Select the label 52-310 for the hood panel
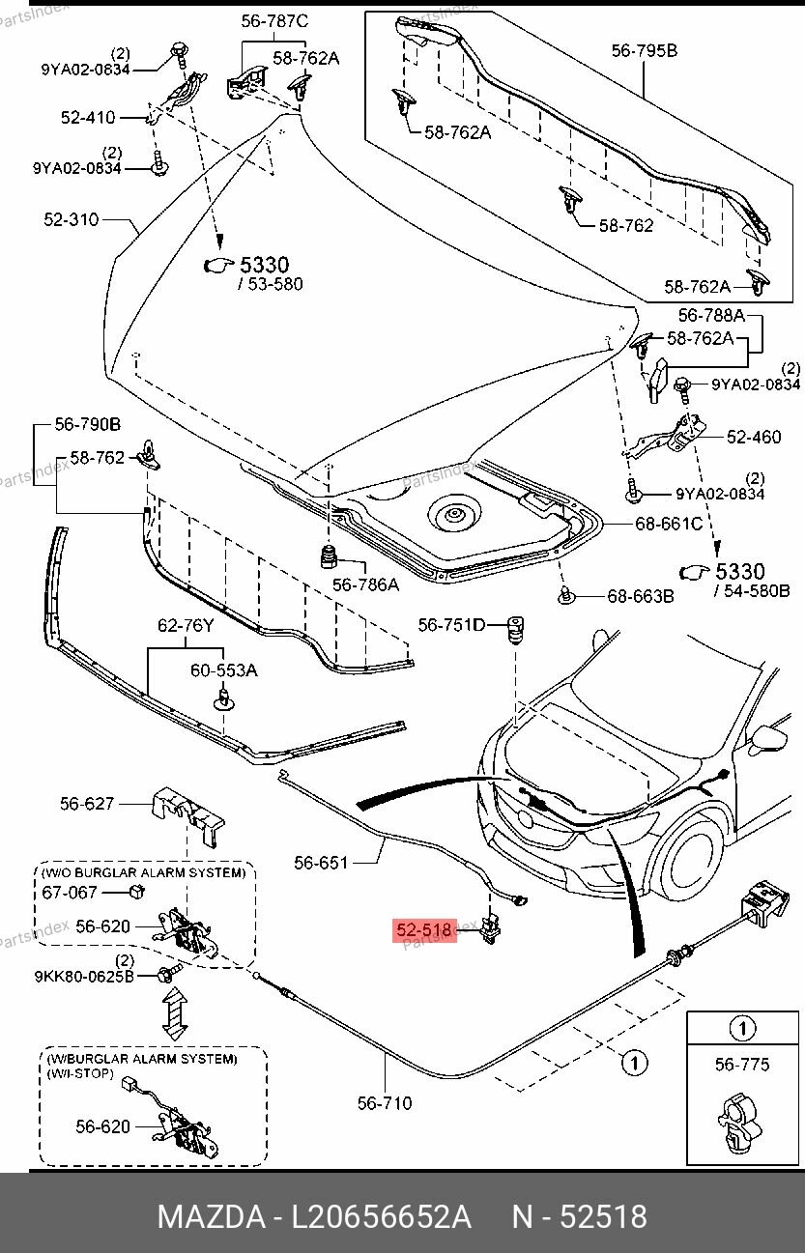point(72,220)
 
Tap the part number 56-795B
point(644,49)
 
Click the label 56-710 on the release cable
point(384,1103)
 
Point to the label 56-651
point(321,863)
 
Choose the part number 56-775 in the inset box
point(741,1065)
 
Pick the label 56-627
point(87,803)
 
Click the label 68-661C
point(668,524)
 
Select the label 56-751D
point(450,625)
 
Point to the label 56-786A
point(365,584)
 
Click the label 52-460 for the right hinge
point(754,438)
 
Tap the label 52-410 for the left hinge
point(87,118)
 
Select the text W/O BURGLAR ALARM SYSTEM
point(143,872)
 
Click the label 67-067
point(70,893)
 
